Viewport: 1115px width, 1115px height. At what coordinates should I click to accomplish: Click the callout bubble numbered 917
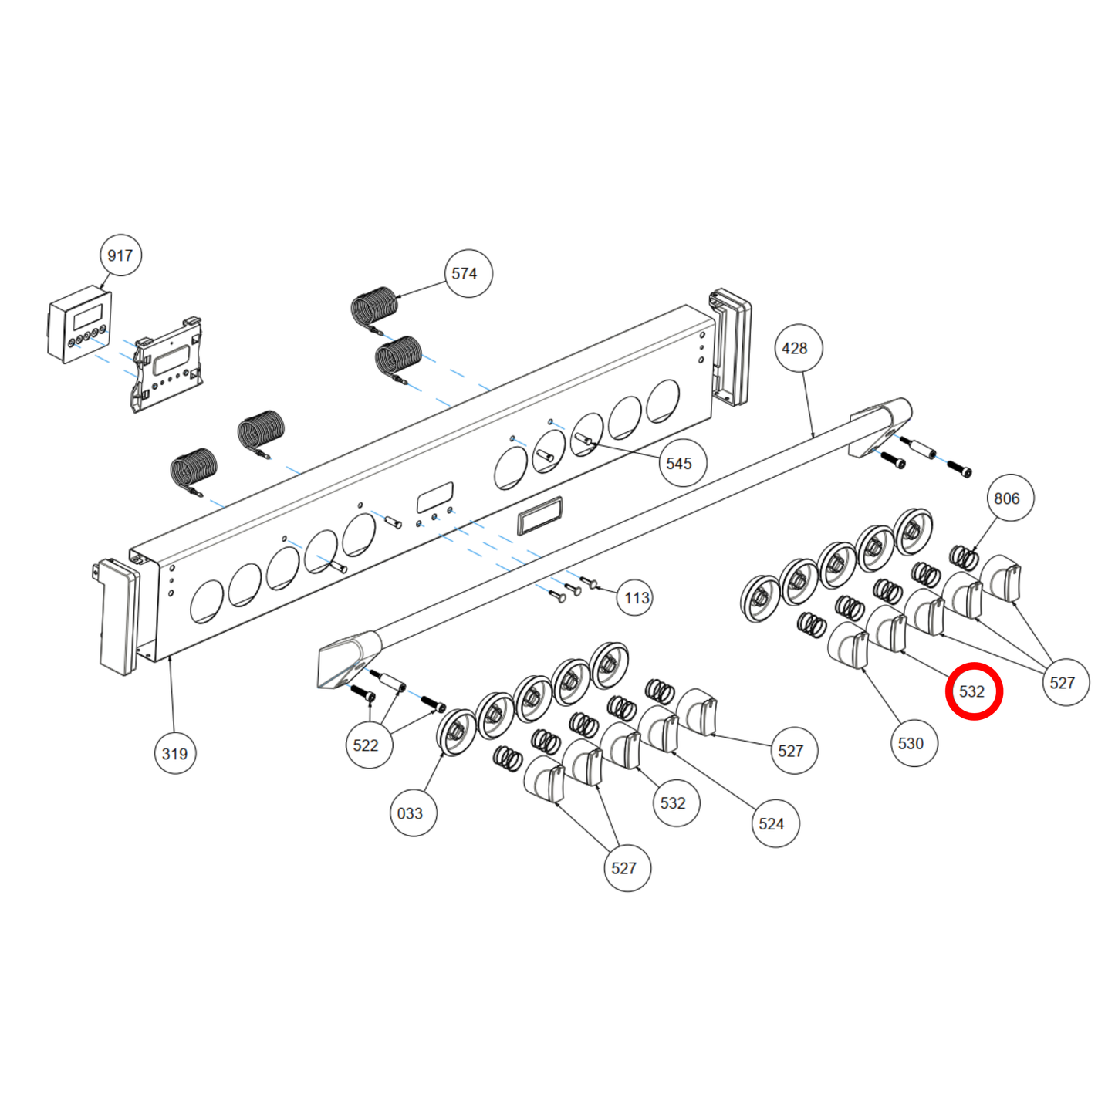(x=120, y=255)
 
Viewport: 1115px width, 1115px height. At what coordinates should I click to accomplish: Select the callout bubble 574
(x=465, y=274)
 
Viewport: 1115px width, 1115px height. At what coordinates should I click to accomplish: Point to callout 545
(x=680, y=463)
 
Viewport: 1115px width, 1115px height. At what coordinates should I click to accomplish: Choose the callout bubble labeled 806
(x=1008, y=498)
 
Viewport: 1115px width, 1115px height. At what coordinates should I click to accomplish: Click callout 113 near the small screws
(x=637, y=598)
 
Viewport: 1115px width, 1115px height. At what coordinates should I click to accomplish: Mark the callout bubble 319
(x=174, y=754)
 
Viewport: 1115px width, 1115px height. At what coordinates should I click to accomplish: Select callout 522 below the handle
(x=367, y=745)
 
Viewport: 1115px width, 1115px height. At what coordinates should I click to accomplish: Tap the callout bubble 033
(x=411, y=813)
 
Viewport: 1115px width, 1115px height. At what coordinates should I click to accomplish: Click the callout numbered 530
(x=911, y=744)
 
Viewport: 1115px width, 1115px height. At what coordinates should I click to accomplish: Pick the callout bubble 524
(x=772, y=824)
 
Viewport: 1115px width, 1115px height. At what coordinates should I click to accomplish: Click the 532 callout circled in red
(x=973, y=691)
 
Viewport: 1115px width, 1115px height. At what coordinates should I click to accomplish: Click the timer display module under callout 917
(x=79, y=327)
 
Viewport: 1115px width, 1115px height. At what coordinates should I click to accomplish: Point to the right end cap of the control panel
(x=730, y=346)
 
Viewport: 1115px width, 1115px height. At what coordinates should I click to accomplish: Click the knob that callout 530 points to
(x=848, y=646)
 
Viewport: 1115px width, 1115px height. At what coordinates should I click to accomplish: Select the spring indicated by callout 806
(x=964, y=556)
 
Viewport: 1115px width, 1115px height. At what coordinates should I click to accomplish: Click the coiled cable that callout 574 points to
(x=374, y=306)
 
